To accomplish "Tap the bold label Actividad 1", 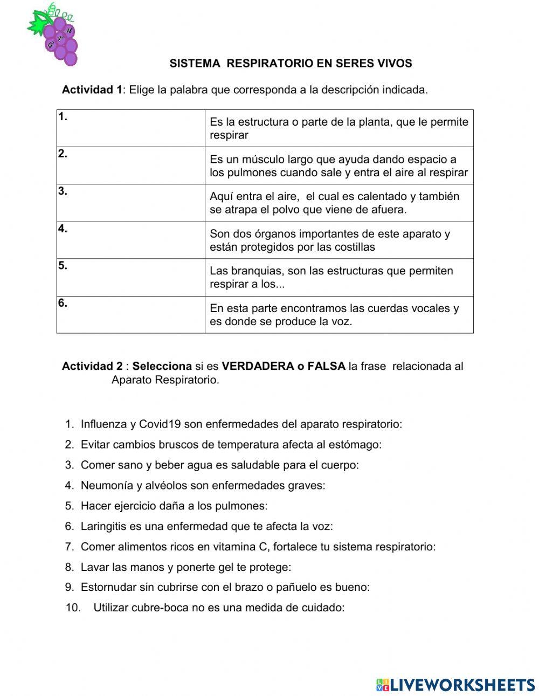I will [x=92, y=90].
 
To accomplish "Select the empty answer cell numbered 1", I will [x=131, y=128].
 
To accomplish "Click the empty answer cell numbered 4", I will [x=131, y=240].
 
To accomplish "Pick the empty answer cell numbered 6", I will [x=131, y=314].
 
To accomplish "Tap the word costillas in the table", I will [x=354, y=247].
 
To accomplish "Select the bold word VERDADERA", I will [x=257, y=367].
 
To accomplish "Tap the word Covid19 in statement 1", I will [x=160, y=424].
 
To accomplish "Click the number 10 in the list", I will [x=73, y=608].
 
